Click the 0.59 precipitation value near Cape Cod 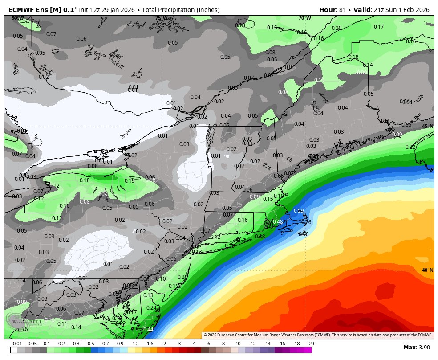(299, 211)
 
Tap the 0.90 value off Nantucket (304, 234)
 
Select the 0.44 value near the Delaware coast (149, 330)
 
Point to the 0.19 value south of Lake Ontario (130, 180)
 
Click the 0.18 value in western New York (85, 180)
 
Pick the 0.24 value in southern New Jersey (151, 308)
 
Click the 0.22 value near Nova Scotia (410, 147)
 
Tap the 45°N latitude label (427, 126)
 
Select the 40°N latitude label (427, 270)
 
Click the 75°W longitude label (161, 18)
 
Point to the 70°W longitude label (305, 18)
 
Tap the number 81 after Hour (343, 10)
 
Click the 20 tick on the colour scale (311, 344)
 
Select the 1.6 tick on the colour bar (150, 344)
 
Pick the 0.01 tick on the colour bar (17, 344)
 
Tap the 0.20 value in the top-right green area (337, 28)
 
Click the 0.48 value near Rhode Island (278, 222)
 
